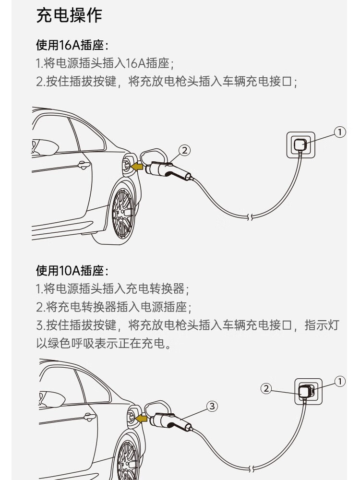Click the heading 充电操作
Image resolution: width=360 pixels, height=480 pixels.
click(x=70, y=15)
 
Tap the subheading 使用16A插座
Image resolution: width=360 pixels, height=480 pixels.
click(x=72, y=46)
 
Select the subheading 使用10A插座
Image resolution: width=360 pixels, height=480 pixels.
click(x=72, y=271)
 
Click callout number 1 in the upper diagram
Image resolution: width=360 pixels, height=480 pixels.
click(x=339, y=132)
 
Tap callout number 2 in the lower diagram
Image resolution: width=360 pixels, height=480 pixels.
click(x=266, y=388)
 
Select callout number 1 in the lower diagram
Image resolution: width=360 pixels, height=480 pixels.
click(x=339, y=382)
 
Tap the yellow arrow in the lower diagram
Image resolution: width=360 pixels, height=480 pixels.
click(x=141, y=419)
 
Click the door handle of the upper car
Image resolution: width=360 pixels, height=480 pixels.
click(x=84, y=166)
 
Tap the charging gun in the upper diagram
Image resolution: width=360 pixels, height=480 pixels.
click(x=168, y=170)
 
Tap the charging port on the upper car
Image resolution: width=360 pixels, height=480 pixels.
click(x=127, y=165)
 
